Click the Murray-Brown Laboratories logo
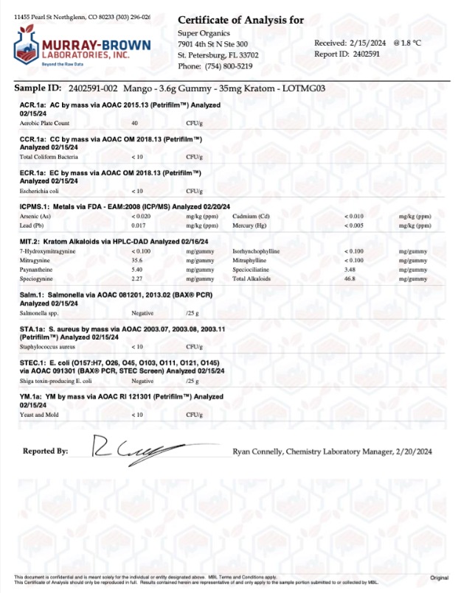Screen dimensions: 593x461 [x=81, y=46]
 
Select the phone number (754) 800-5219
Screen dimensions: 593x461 [x=226, y=66]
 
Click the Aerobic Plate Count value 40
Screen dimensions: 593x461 [x=134, y=123]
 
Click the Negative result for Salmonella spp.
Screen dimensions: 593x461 [x=142, y=314]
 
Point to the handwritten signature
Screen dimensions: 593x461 [x=141, y=446]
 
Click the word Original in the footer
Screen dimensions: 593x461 [x=440, y=578]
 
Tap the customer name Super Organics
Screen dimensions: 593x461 [x=204, y=33]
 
